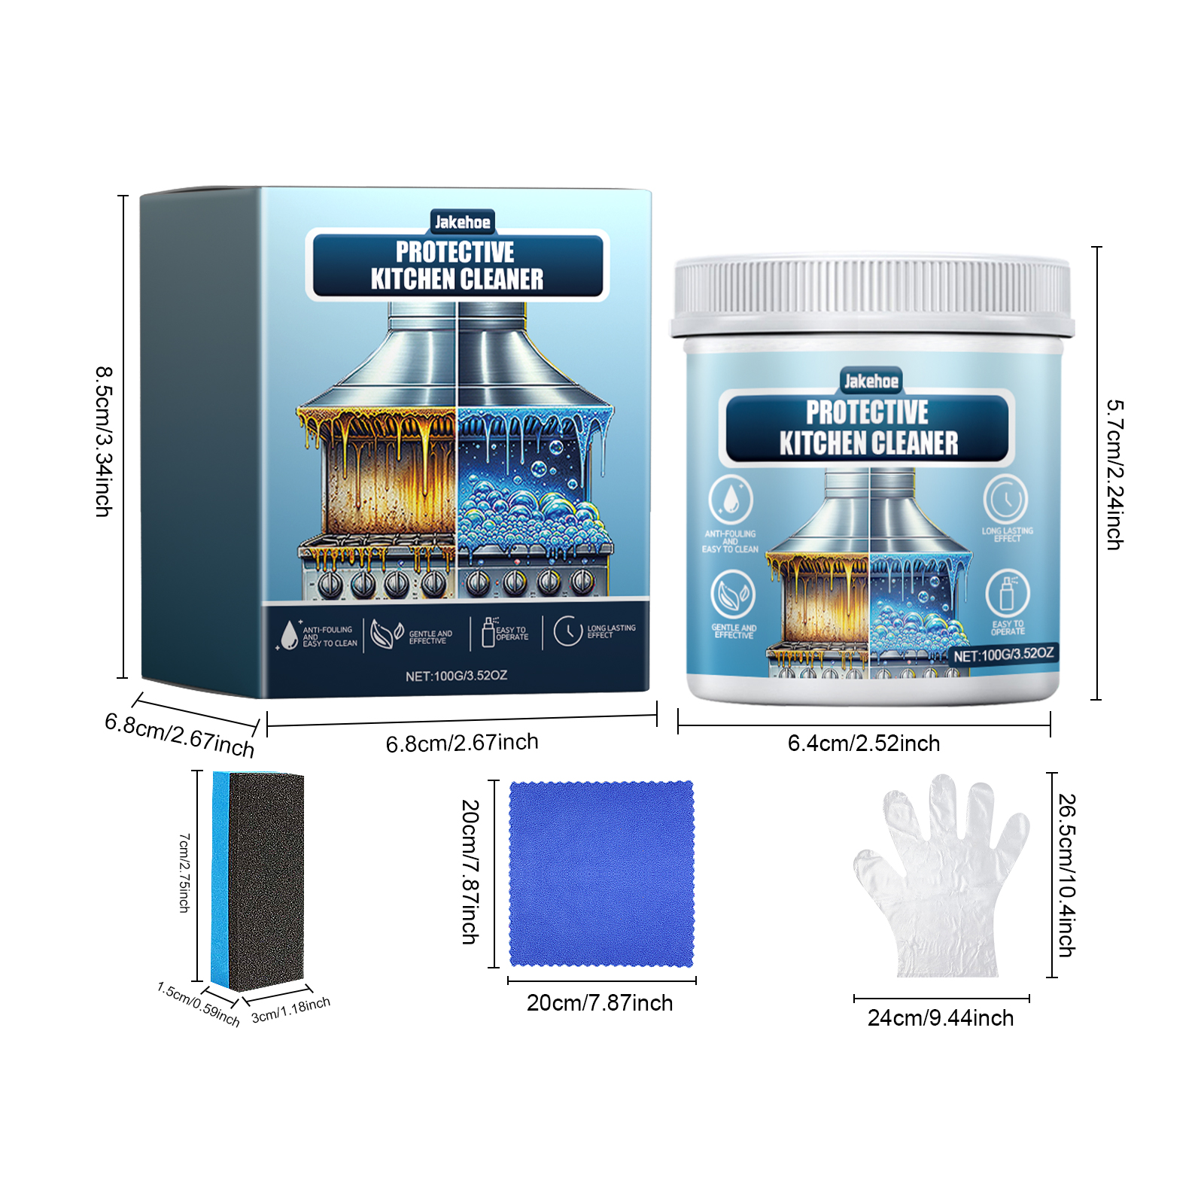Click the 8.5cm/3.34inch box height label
[x=104, y=442]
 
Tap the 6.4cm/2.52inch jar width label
[x=864, y=743]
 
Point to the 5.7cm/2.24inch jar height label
[x=1115, y=474]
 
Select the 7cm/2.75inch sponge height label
[x=184, y=873]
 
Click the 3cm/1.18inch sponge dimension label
[x=290, y=1010]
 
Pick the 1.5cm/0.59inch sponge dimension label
[x=198, y=1004]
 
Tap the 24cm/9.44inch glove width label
[x=941, y=1018]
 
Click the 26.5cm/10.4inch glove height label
[x=1067, y=875]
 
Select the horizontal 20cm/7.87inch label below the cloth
[x=600, y=1003]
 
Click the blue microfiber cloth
[x=601, y=874]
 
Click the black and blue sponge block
[x=258, y=881]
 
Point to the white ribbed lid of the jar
[x=873, y=296]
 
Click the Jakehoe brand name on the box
[x=462, y=222]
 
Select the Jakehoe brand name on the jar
[x=871, y=382]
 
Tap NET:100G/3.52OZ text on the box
[x=456, y=676]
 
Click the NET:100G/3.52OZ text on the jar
[x=1004, y=655]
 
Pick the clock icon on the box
[x=568, y=631]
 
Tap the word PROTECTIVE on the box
[x=455, y=251]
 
